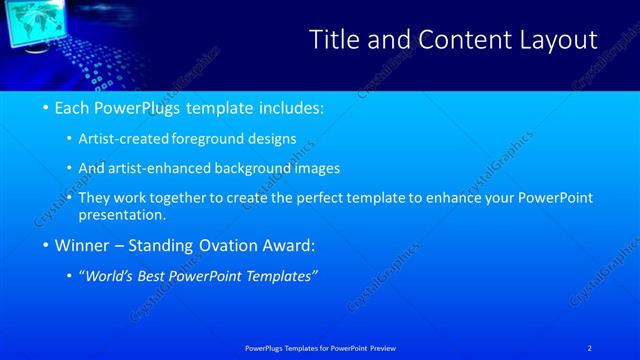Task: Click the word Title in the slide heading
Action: click(x=337, y=40)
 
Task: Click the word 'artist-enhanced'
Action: click(x=161, y=168)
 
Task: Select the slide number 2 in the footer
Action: click(x=591, y=347)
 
